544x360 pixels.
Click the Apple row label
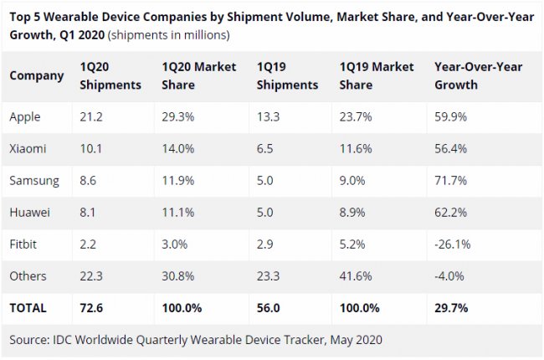tap(26, 117)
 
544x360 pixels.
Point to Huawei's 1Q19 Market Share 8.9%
tap(357, 213)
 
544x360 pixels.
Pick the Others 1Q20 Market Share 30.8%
tap(178, 276)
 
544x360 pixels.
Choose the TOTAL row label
tap(28, 308)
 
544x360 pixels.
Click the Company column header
tap(37, 75)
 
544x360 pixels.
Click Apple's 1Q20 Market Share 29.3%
tap(178, 117)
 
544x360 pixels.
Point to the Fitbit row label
tap(24, 244)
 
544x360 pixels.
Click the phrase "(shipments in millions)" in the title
tap(169, 36)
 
